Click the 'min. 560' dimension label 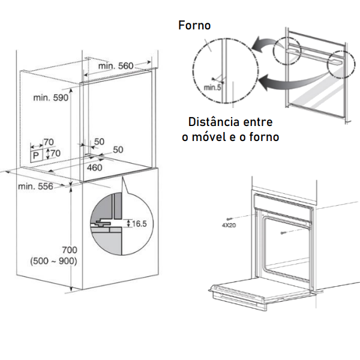(116, 65)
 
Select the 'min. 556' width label (35, 186)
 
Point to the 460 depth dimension (95, 167)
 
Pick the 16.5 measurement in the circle (139, 223)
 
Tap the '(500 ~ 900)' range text (52, 262)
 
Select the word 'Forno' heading (195, 25)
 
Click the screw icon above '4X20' (230, 218)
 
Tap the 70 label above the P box (49, 142)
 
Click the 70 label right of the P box (55, 154)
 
